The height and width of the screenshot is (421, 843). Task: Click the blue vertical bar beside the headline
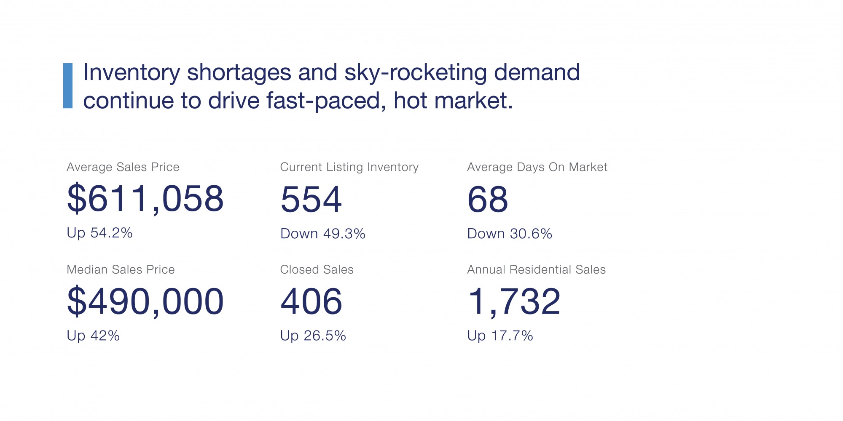pyautogui.click(x=68, y=86)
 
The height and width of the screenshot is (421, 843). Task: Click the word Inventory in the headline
pyautogui.click(x=132, y=72)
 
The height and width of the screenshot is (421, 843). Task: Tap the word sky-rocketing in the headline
pyautogui.click(x=416, y=72)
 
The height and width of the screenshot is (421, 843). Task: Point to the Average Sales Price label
pyautogui.click(x=123, y=167)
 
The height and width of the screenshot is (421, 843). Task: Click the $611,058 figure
pyautogui.click(x=145, y=198)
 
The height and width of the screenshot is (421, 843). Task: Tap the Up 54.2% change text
pyautogui.click(x=99, y=233)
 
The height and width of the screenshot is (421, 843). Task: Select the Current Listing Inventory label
pyautogui.click(x=349, y=167)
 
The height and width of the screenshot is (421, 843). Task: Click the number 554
pyautogui.click(x=311, y=199)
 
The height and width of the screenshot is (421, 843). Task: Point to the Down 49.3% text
pyautogui.click(x=322, y=234)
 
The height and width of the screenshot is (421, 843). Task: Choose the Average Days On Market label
pyautogui.click(x=537, y=167)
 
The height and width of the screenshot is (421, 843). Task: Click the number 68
pyautogui.click(x=488, y=199)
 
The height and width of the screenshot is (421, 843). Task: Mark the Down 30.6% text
pyautogui.click(x=509, y=234)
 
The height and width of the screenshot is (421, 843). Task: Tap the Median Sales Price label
pyautogui.click(x=121, y=269)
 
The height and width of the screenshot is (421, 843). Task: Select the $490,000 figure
pyautogui.click(x=145, y=301)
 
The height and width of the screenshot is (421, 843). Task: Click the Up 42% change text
pyautogui.click(x=93, y=336)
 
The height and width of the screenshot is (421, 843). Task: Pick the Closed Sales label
pyautogui.click(x=317, y=269)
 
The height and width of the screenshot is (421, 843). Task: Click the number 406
pyautogui.click(x=311, y=301)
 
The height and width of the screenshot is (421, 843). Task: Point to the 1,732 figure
pyautogui.click(x=514, y=301)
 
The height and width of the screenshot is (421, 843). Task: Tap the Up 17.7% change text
pyautogui.click(x=500, y=336)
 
